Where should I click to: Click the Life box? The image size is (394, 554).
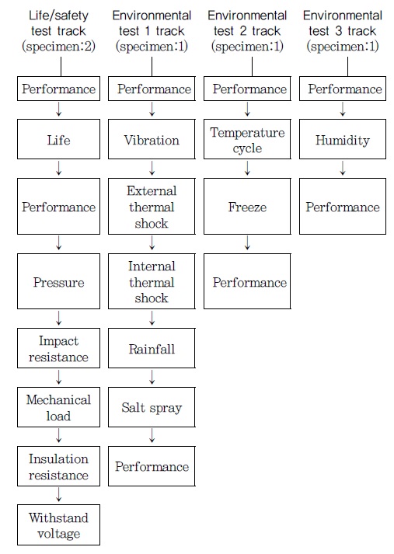pos(58,139)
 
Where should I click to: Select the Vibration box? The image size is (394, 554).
pos(152,139)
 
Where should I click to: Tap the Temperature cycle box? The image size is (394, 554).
pos(247,139)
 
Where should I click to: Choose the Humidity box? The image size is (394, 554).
pos(343,139)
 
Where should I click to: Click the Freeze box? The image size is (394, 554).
pos(247,206)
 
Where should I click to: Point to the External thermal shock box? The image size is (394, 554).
pos(152,206)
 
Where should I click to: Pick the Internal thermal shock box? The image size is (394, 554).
pos(152,281)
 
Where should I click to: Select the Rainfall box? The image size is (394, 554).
pos(152,348)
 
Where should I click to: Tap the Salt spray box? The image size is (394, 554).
pos(152,407)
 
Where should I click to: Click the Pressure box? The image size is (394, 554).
pos(58,281)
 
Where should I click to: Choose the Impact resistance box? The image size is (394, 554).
pos(58,348)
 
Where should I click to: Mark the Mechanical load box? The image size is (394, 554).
pos(58,407)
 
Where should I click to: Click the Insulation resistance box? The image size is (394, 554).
pos(58,466)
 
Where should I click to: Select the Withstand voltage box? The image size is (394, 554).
pos(58,524)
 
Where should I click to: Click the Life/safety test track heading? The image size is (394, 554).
pos(58,31)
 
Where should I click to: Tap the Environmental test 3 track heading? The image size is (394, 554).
pos(343,31)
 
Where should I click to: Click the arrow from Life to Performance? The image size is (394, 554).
pos(58,168)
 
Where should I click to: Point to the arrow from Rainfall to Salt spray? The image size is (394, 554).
pos(152,378)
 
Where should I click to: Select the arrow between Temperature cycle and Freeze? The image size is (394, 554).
pos(247,168)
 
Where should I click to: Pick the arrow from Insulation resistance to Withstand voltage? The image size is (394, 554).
pos(58,495)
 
